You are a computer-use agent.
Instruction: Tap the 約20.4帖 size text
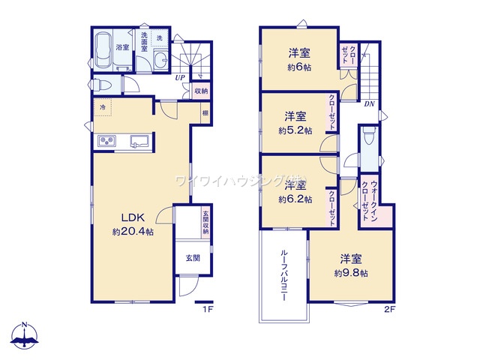tap(133, 232)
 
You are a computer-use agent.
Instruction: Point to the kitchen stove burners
tap(105, 142)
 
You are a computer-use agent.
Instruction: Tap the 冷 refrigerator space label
tap(101, 106)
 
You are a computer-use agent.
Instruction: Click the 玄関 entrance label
tap(193, 258)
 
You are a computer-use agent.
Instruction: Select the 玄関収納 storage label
tap(205, 223)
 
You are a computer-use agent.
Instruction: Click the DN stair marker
tap(369, 104)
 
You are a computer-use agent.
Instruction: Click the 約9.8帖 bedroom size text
tap(351, 273)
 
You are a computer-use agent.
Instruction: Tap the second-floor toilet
tap(368, 139)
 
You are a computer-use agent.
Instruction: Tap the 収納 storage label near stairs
tap(201, 91)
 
